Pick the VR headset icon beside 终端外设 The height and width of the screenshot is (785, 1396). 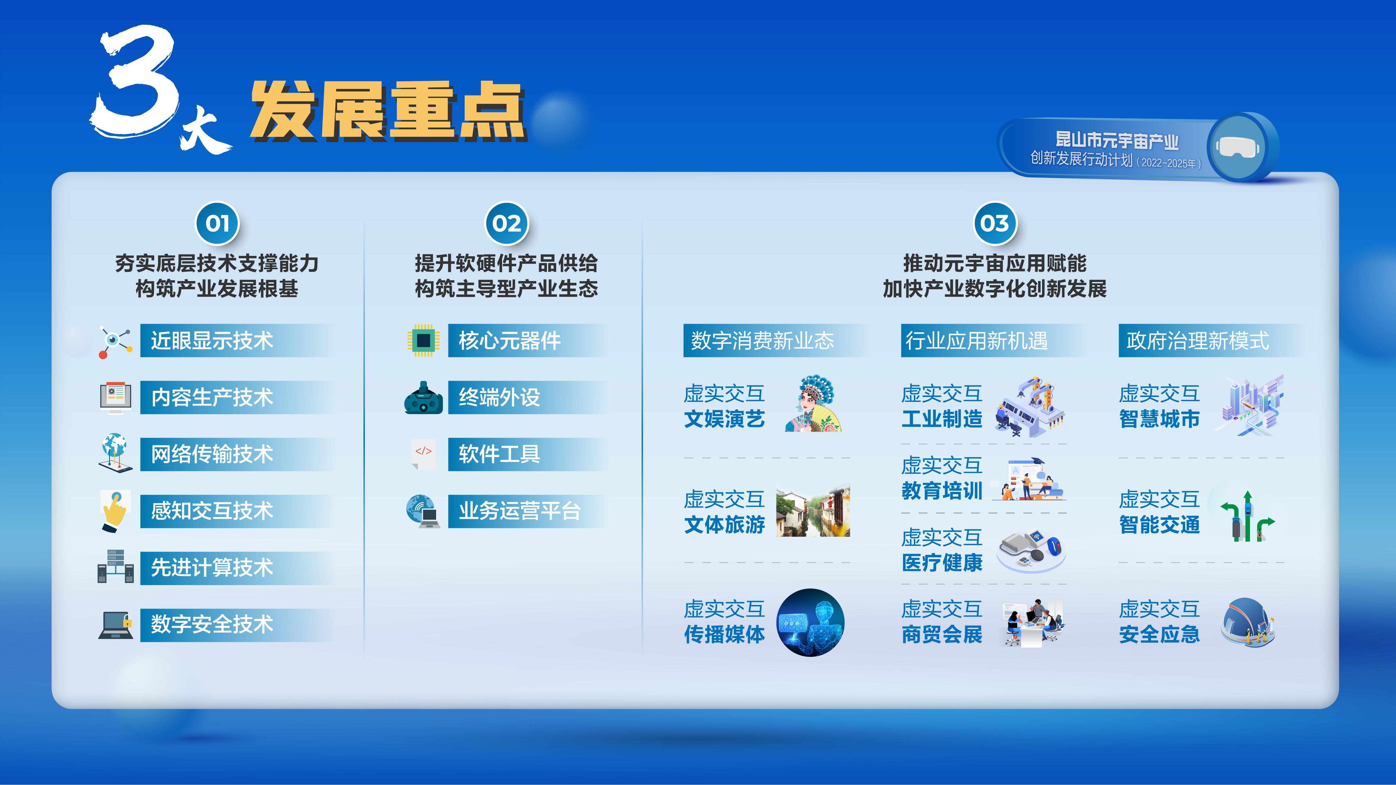pyautogui.click(x=423, y=398)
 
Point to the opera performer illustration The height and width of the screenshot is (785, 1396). pyautogui.click(x=813, y=403)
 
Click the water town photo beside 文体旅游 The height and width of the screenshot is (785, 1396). pyautogui.click(x=813, y=511)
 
